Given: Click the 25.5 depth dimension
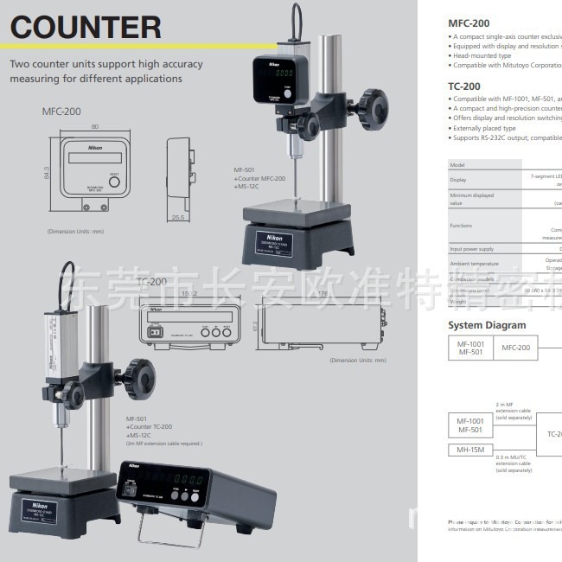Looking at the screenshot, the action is pos(179,217).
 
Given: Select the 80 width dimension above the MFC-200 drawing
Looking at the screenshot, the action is pos(94,126).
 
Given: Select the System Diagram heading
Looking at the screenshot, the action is pos(487,325).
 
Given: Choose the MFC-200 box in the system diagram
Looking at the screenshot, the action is pos(515,348).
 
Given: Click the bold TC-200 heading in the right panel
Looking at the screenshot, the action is pos(465,86).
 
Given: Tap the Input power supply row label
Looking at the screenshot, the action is pos(472,249).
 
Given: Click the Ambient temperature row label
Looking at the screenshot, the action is pos(474,263).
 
